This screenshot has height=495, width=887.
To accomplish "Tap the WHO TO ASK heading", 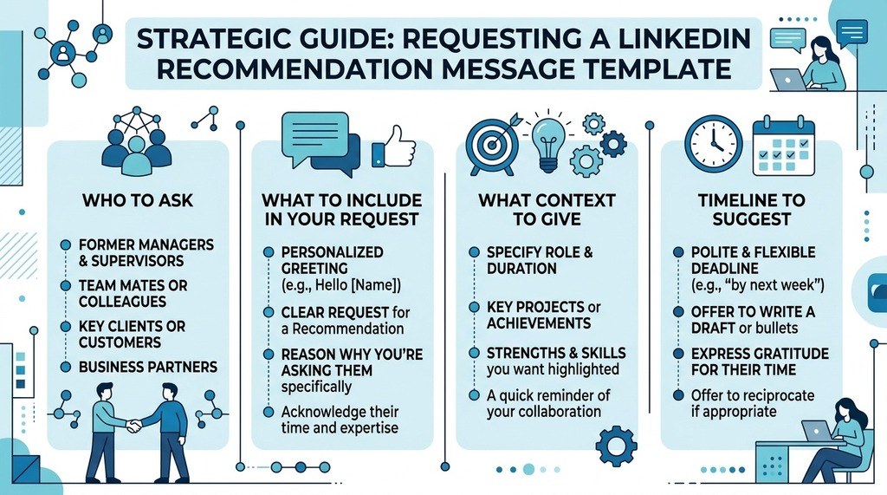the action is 138,200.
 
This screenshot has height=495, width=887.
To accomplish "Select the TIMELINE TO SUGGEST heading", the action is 751,210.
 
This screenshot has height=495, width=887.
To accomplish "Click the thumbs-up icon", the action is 394,147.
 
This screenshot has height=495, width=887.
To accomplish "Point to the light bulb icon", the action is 548,144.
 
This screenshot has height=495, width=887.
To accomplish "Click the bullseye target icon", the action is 492,145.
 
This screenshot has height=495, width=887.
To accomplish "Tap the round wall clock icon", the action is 714,144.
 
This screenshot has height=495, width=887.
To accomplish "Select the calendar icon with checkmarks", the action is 783,146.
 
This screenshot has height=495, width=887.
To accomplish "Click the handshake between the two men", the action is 134,425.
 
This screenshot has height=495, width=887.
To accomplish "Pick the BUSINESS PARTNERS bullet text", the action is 147,367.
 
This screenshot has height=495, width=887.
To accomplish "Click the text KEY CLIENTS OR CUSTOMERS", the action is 132,334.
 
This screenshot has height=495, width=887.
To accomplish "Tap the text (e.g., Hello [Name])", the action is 341,285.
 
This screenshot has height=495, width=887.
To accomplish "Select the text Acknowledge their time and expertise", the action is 340,420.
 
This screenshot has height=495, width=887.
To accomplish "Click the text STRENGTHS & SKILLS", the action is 556,353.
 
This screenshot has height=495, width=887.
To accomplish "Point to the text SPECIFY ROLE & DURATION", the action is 540,260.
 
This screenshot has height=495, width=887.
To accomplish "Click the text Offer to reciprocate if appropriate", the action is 753,403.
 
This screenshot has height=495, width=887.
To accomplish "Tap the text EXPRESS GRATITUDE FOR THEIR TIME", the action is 760,361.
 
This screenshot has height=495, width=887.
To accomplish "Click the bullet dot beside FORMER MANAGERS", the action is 66,244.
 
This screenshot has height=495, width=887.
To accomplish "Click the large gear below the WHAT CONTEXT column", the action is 616,446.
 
